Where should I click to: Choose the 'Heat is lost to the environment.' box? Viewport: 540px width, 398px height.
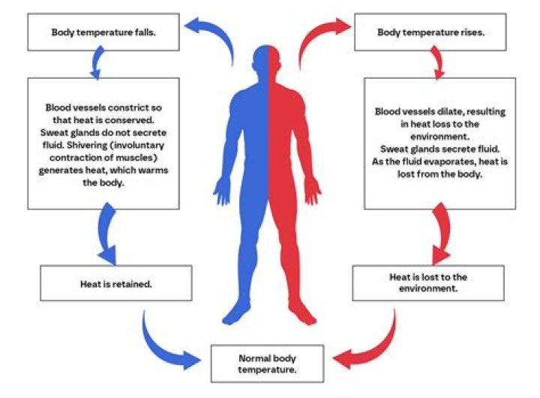pyautogui.click(x=424, y=282)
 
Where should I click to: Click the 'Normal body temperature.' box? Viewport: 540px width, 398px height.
pyautogui.click(x=267, y=364)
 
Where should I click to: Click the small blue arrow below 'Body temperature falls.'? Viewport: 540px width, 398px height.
pyautogui.click(x=94, y=62)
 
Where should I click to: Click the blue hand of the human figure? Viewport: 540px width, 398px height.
pyautogui.click(x=221, y=191)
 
